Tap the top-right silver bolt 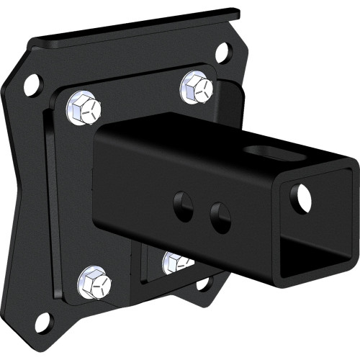click(x=196, y=88)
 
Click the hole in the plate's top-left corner click(x=32, y=85)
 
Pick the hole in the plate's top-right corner click(x=223, y=52)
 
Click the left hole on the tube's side click(x=183, y=206)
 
